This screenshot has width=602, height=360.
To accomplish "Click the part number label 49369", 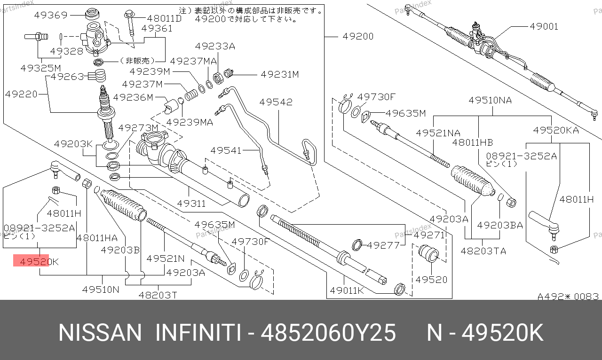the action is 50,15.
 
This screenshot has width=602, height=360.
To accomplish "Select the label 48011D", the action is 164,18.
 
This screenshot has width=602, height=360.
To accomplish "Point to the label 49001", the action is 544,26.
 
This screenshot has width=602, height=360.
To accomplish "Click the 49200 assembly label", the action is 358,36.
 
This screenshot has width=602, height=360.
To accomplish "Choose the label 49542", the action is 276,102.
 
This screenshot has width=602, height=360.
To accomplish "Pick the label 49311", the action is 191,203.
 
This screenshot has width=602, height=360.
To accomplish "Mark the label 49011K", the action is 347,290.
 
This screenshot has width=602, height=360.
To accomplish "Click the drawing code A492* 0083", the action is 568,297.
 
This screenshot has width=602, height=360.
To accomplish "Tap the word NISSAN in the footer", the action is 100,333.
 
